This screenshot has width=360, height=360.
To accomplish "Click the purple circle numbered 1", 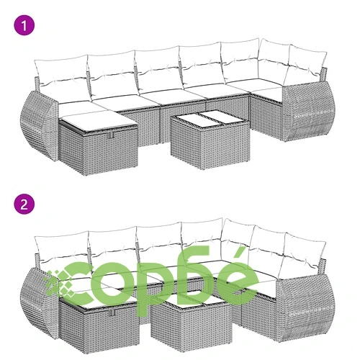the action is [x=24, y=25].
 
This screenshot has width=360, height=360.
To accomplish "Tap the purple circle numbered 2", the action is [x=24, y=204].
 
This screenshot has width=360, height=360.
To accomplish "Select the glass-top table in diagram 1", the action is [x=210, y=139].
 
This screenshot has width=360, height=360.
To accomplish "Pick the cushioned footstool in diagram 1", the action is [x=99, y=143].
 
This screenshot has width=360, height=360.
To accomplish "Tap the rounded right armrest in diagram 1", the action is [x=309, y=111].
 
